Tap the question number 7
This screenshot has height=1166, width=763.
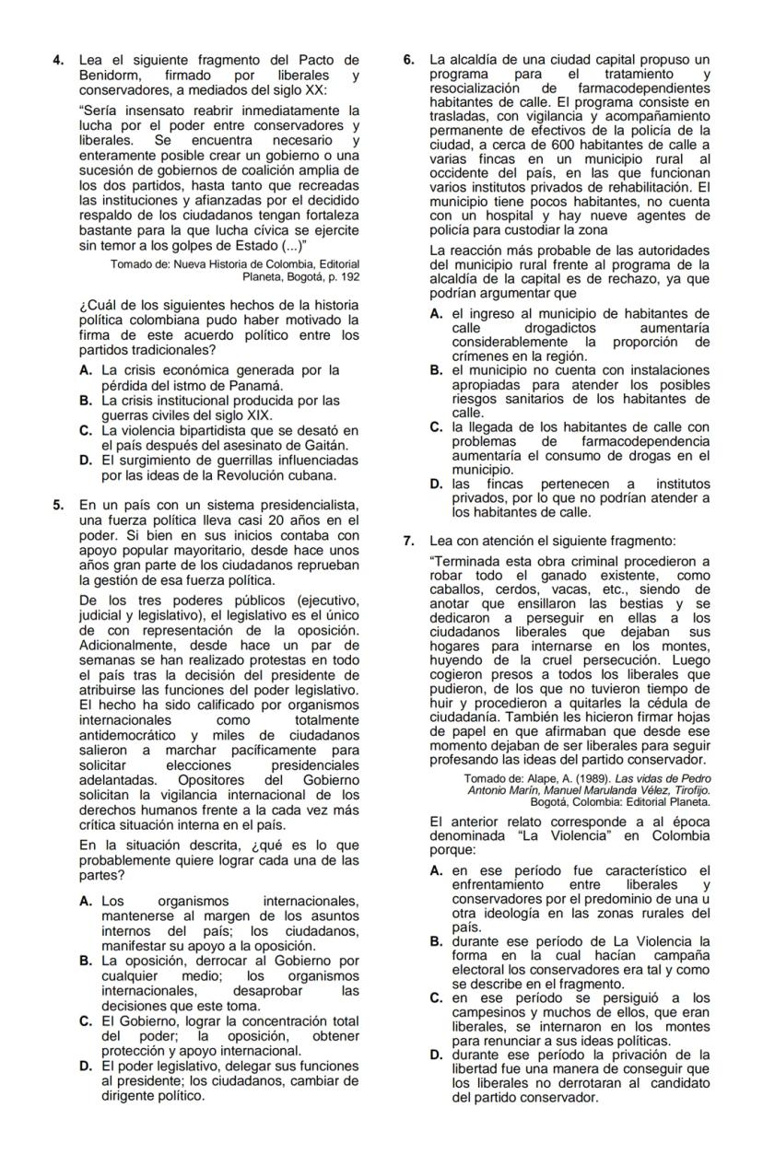[410, 541]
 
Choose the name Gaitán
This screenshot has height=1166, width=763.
[324, 446]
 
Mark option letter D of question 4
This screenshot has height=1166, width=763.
[86, 461]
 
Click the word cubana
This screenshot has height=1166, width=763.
[314, 475]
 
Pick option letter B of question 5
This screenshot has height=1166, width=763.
[86, 961]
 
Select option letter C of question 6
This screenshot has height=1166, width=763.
[437, 426]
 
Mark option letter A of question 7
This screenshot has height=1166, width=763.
[437, 871]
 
